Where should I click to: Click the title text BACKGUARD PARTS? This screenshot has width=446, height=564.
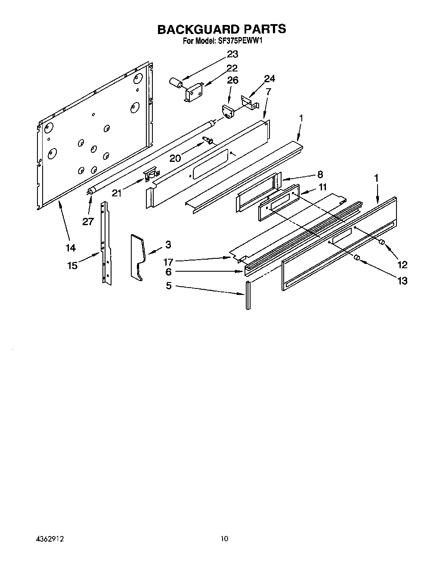click(x=221, y=29)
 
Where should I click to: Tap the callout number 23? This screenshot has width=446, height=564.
click(x=232, y=54)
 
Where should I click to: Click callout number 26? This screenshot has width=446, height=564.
click(x=232, y=80)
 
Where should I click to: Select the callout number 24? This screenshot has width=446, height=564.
click(x=269, y=79)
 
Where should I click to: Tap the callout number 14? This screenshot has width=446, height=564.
click(x=70, y=248)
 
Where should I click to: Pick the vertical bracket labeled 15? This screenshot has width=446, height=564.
click(x=105, y=243)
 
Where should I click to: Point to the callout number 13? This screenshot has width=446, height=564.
click(x=402, y=281)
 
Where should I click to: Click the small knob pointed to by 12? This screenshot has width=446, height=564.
click(x=381, y=243)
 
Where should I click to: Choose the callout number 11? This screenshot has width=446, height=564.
click(x=322, y=187)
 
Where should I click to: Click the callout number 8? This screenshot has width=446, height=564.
click(x=320, y=174)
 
